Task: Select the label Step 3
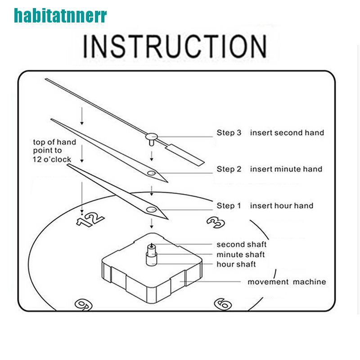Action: (229, 133)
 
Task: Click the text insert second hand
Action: (287, 133)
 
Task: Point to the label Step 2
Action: (229, 169)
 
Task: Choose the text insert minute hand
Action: (286, 169)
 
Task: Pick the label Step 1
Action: (229, 206)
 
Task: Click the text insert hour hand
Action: (282, 206)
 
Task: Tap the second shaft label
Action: (242, 244)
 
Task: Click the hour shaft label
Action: (236, 264)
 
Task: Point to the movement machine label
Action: (287, 282)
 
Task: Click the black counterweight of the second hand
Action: (186, 153)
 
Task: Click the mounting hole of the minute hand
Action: (152, 173)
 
